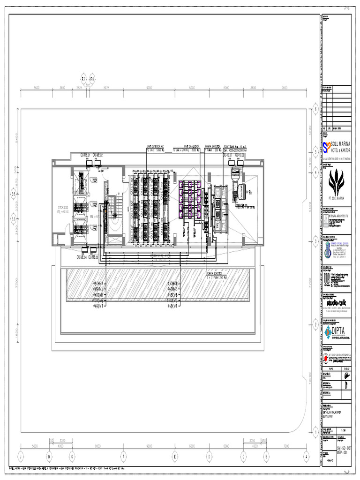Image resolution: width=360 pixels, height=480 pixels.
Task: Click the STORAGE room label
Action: click(62, 207)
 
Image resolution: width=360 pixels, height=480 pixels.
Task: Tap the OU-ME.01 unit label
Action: click(85, 155)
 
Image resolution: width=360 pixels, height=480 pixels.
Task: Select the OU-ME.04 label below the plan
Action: click(81, 257)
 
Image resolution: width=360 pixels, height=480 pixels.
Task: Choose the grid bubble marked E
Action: click(174, 455)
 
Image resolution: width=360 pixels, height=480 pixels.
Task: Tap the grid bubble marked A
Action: click(306, 455)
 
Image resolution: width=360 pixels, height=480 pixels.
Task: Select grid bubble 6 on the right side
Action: click(315, 109)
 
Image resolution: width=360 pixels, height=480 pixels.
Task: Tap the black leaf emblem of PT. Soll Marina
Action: click(336, 183)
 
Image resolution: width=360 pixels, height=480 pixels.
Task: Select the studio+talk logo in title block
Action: click(336, 303)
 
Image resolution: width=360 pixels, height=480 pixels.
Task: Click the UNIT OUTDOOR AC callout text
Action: click(155, 147)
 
